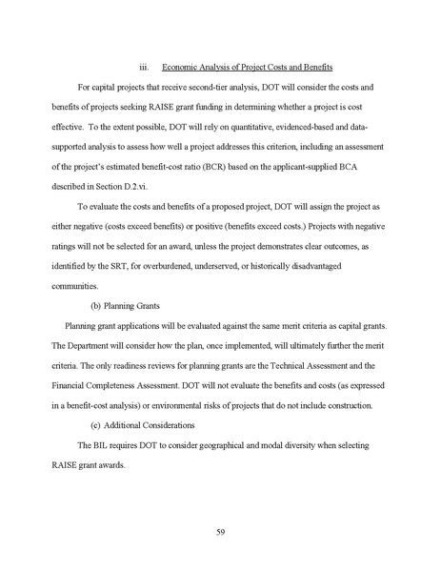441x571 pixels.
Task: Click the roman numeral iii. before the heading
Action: (144, 67)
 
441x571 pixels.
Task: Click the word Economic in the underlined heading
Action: (182, 67)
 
